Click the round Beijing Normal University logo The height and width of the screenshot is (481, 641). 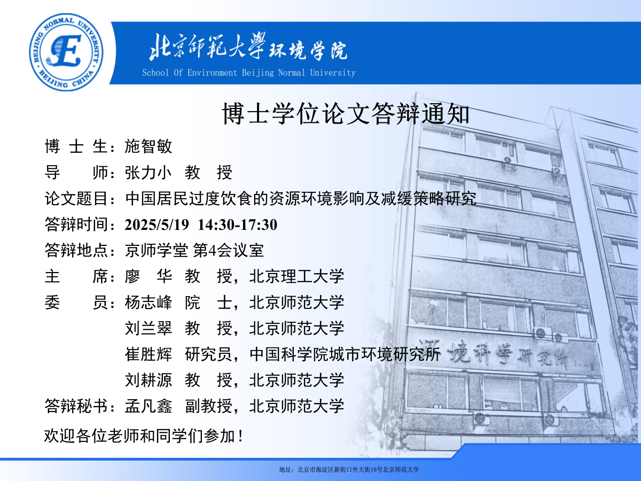click(x=66, y=52)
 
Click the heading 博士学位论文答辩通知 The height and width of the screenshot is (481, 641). click(x=346, y=114)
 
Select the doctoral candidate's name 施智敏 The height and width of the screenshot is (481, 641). click(x=148, y=146)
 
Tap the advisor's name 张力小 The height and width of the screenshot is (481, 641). click(x=148, y=172)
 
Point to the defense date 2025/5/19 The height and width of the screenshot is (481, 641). click(x=157, y=224)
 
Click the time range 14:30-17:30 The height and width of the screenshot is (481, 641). click(x=237, y=224)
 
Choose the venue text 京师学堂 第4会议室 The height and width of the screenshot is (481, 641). click(x=194, y=250)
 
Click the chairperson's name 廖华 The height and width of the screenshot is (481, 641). click(x=148, y=276)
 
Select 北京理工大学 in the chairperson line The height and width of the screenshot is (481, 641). click(x=296, y=276)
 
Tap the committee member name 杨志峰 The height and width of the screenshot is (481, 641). click(x=148, y=302)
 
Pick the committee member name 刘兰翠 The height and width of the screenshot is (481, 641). click(x=148, y=328)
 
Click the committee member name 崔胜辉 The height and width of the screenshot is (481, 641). click(x=148, y=354)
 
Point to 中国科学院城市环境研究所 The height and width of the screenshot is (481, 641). click(x=345, y=354)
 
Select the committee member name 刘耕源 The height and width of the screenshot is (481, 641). click(x=148, y=380)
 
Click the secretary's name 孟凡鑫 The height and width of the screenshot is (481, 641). click(x=148, y=406)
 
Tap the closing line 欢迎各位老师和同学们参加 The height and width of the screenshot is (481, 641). click(x=140, y=436)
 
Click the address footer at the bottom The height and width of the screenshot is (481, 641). click(x=349, y=470)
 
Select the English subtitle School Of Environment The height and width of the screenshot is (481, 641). click(x=190, y=73)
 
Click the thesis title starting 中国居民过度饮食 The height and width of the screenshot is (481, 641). click(x=301, y=199)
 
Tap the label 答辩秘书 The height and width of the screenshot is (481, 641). click(x=76, y=406)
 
